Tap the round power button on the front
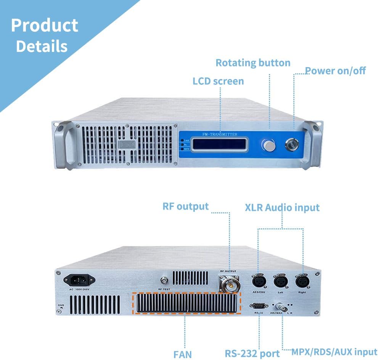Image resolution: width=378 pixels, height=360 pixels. [x=293, y=145]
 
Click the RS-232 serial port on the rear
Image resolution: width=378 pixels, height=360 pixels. [x=258, y=305]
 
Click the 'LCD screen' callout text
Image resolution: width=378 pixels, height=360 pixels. [x=218, y=81]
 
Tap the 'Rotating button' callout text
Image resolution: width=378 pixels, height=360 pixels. [x=253, y=63]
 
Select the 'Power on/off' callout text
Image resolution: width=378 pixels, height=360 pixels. [x=335, y=71]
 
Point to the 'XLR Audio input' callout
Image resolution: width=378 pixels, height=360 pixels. [x=282, y=207]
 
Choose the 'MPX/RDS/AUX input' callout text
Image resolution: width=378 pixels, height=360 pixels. [x=334, y=352]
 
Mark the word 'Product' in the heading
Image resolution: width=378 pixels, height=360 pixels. [x=45, y=26]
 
